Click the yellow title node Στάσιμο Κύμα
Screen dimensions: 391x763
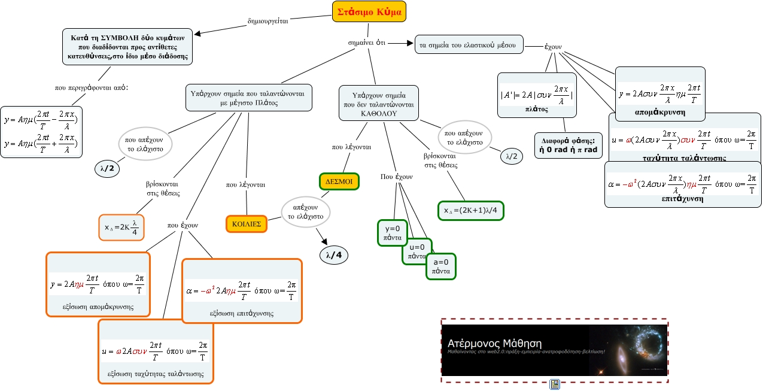tap(369, 12)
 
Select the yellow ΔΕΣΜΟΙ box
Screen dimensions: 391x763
tap(338, 181)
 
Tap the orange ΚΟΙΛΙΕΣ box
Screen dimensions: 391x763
tap(246, 224)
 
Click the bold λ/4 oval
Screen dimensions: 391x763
tap(334, 255)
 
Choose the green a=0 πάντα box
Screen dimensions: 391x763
tap(440, 266)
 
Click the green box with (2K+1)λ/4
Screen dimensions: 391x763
tap(471, 211)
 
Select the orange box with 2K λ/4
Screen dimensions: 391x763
tap(121, 227)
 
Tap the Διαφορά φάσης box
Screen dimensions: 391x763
tap(568, 146)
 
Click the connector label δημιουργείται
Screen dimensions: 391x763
tap(267, 20)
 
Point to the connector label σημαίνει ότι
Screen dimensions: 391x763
tap(367, 43)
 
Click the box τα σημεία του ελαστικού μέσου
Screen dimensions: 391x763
tap(469, 45)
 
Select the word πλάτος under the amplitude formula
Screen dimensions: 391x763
tap(537, 110)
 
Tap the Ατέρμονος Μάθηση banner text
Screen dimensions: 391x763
tap(494, 344)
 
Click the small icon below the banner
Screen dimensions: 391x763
tap(554, 384)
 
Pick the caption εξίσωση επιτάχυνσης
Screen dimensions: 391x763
tap(241, 313)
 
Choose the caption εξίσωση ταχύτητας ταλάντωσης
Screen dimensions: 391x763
tap(156, 374)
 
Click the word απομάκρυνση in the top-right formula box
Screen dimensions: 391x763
tap(660, 112)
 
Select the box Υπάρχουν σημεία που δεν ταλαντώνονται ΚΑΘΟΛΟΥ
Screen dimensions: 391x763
tap(379, 103)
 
